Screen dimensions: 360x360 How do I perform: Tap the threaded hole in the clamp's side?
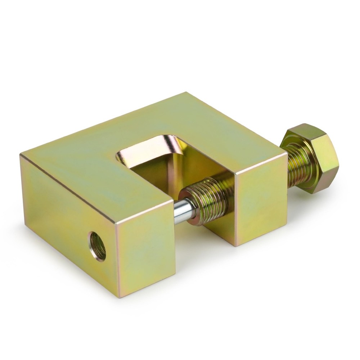[98, 246]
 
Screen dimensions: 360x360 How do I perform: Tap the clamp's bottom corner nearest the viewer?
[119, 297]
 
